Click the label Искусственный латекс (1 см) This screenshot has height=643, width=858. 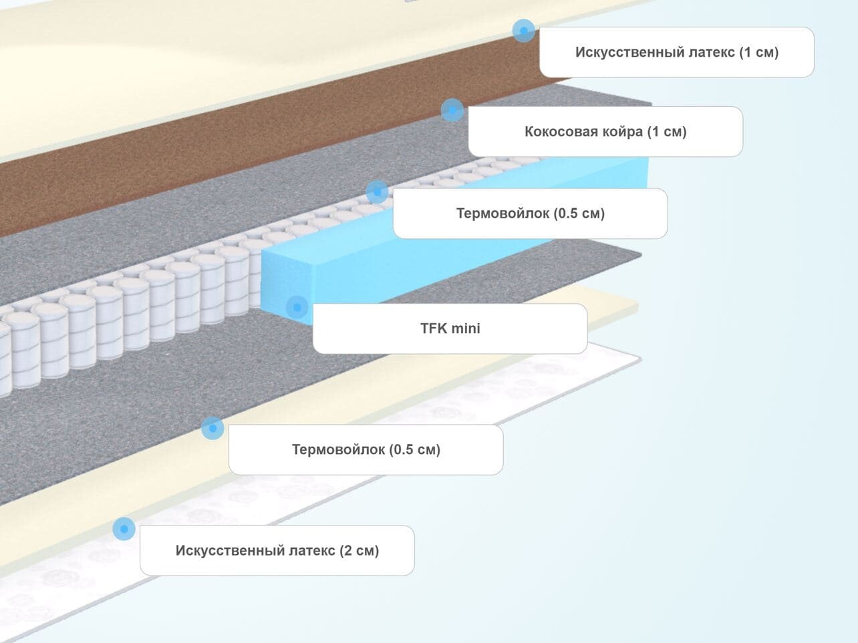[676, 52]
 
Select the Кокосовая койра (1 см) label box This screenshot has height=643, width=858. [605, 132]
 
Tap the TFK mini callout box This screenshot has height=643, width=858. [450, 329]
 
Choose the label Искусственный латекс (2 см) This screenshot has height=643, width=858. [277, 551]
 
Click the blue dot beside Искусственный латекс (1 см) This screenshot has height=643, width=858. [523, 30]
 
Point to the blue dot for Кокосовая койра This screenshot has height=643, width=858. [452, 110]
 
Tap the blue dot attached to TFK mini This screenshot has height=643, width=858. [297, 307]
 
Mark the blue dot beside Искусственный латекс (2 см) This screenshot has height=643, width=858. [124, 529]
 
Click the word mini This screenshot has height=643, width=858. [466, 329]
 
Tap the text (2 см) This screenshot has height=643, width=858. [359, 551]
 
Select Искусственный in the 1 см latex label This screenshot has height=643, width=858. [621, 52]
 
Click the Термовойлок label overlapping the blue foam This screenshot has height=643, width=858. [530, 214]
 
